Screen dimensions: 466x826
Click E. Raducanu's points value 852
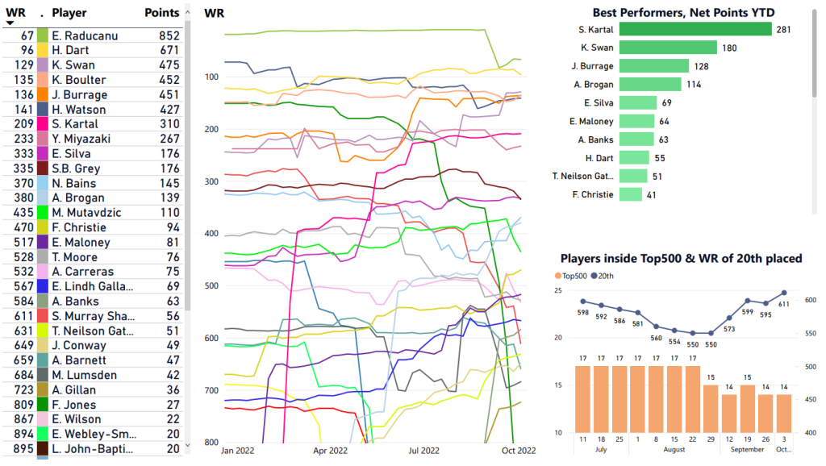[169, 35]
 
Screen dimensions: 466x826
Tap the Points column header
[161, 13]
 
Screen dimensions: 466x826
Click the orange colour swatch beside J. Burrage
[43, 94]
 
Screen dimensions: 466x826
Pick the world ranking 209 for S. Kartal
[23, 124]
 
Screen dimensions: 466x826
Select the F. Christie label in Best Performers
[594, 194]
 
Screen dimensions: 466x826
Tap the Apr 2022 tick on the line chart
[330, 451]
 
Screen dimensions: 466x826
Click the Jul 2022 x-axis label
[423, 451]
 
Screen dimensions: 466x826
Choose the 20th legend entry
[612, 276]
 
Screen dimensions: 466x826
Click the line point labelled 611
[785, 293]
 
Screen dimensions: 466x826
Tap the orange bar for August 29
[711, 408]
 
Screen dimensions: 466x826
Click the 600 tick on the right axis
[809, 300]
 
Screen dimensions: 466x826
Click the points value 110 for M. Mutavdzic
[170, 213]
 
